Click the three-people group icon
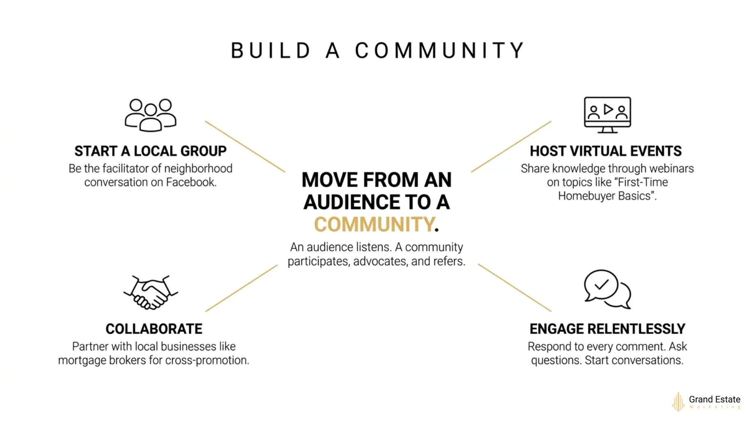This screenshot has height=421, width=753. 150,115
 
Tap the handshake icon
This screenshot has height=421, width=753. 151,292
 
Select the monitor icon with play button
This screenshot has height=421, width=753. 607,115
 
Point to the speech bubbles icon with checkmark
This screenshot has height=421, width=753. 607,289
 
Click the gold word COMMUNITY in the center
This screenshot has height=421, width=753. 374,224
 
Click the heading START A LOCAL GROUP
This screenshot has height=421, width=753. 150,151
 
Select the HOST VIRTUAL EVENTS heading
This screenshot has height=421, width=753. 606,151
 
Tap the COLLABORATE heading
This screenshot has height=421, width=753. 154,329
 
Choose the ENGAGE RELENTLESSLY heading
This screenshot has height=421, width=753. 607,329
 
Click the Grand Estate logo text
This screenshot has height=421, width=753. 714,399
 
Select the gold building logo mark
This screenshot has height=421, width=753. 678,402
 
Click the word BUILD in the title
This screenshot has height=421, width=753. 271,51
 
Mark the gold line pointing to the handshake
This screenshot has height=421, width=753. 241,288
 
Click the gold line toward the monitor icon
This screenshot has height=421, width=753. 511,146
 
